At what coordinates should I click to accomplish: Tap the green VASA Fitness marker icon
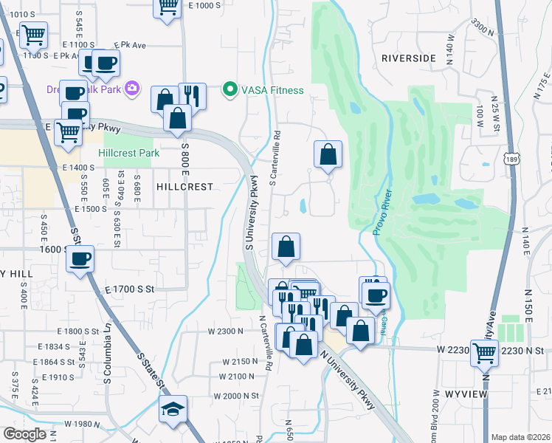[230, 90]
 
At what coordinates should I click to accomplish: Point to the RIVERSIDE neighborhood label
[410, 57]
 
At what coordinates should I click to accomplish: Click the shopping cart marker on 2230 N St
[485, 354]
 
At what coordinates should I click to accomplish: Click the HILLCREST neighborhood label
[184, 188]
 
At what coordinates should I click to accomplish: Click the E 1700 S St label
[131, 289]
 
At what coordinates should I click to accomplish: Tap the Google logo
[24, 434]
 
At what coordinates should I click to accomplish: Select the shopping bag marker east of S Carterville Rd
[328, 154]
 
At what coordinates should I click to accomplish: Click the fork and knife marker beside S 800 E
[192, 96]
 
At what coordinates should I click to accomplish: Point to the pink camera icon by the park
[132, 89]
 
